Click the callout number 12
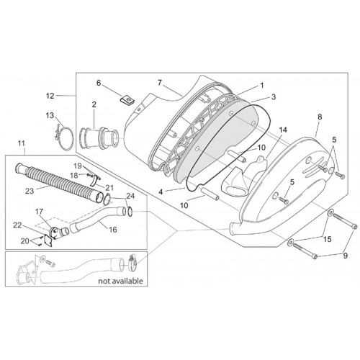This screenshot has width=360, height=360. tap(50, 96)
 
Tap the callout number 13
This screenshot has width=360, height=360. tap(50, 115)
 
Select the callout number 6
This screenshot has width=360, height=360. tap(99, 83)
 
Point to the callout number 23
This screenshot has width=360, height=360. tap(30, 191)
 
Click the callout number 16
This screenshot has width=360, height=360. tap(113, 230)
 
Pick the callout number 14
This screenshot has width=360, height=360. tap(283, 130)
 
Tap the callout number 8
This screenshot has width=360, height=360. tap(320, 117)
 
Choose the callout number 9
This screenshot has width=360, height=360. tap(346, 256)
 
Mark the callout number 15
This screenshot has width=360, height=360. tap(328, 239)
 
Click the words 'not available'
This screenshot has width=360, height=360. tap(120, 281)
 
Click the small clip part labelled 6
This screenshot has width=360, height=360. tap(127, 99)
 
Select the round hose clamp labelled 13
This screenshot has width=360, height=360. tap(63, 138)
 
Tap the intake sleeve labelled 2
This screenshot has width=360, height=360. tap(99, 138)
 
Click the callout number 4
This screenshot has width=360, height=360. tap(161, 192)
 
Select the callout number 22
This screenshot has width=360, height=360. tap(17, 225)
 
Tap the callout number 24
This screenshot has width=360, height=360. tap(130, 197)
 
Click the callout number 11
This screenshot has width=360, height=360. tap(22, 143)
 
